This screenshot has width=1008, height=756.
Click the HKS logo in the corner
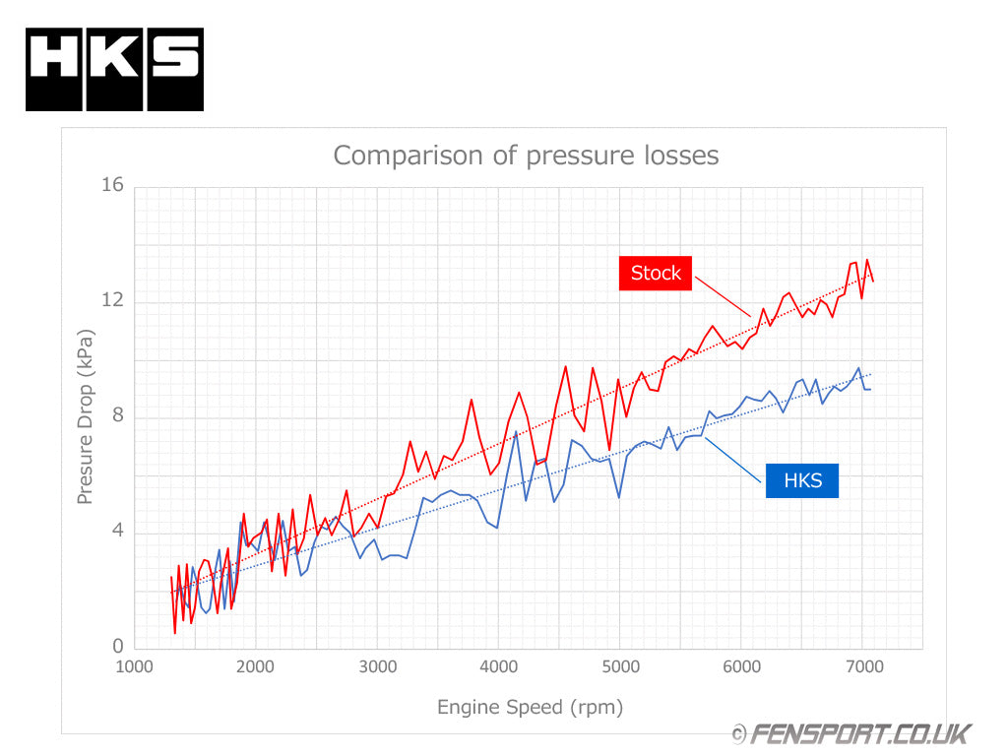[114, 69]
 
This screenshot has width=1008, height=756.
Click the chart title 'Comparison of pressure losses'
[526, 156]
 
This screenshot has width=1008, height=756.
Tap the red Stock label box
[656, 273]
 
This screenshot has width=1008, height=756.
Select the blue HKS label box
[802, 480]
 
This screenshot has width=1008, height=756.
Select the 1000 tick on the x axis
[134, 666]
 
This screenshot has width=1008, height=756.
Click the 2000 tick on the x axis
[256, 666]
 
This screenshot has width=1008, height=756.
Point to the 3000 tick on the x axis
[377, 666]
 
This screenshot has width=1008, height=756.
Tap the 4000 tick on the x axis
[498, 666]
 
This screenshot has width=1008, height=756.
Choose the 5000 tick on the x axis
[620, 666]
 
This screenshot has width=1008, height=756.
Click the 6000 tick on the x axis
[741, 666]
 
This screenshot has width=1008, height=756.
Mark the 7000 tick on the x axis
[862, 666]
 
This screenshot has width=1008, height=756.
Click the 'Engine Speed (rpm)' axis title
[530, 707]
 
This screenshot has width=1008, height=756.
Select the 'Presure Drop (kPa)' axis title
[86, 417]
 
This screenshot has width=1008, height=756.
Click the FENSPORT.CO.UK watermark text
[859, 733]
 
